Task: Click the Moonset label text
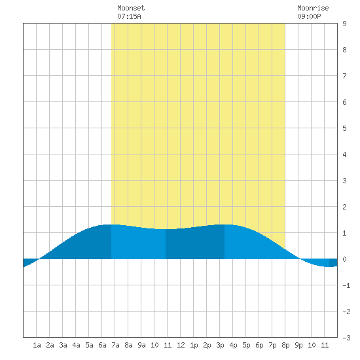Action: [131, 8]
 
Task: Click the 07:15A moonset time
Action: [129, 16]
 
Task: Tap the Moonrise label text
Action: [313, 8]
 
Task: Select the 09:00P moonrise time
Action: [309, 16]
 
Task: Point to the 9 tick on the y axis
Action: [344, 24]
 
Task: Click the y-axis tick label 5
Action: [344, 128]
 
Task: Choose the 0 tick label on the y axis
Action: [344, 259]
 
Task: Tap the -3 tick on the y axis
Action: [346, 338]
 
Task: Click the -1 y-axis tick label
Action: [346, 285]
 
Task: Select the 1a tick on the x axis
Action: [37, 345]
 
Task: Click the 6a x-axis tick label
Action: [102, 345]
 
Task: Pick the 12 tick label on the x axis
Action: [181, 345]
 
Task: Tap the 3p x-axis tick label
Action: [220, 345]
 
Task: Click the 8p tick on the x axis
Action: [285, 345]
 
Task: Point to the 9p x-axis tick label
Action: [298, 345]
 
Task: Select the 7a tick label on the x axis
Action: [115, 345]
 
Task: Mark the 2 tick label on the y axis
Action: [344, 207]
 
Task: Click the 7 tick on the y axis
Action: [344, 76]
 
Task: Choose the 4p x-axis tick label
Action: [233, 345]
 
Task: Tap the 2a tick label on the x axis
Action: [50, 345]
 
